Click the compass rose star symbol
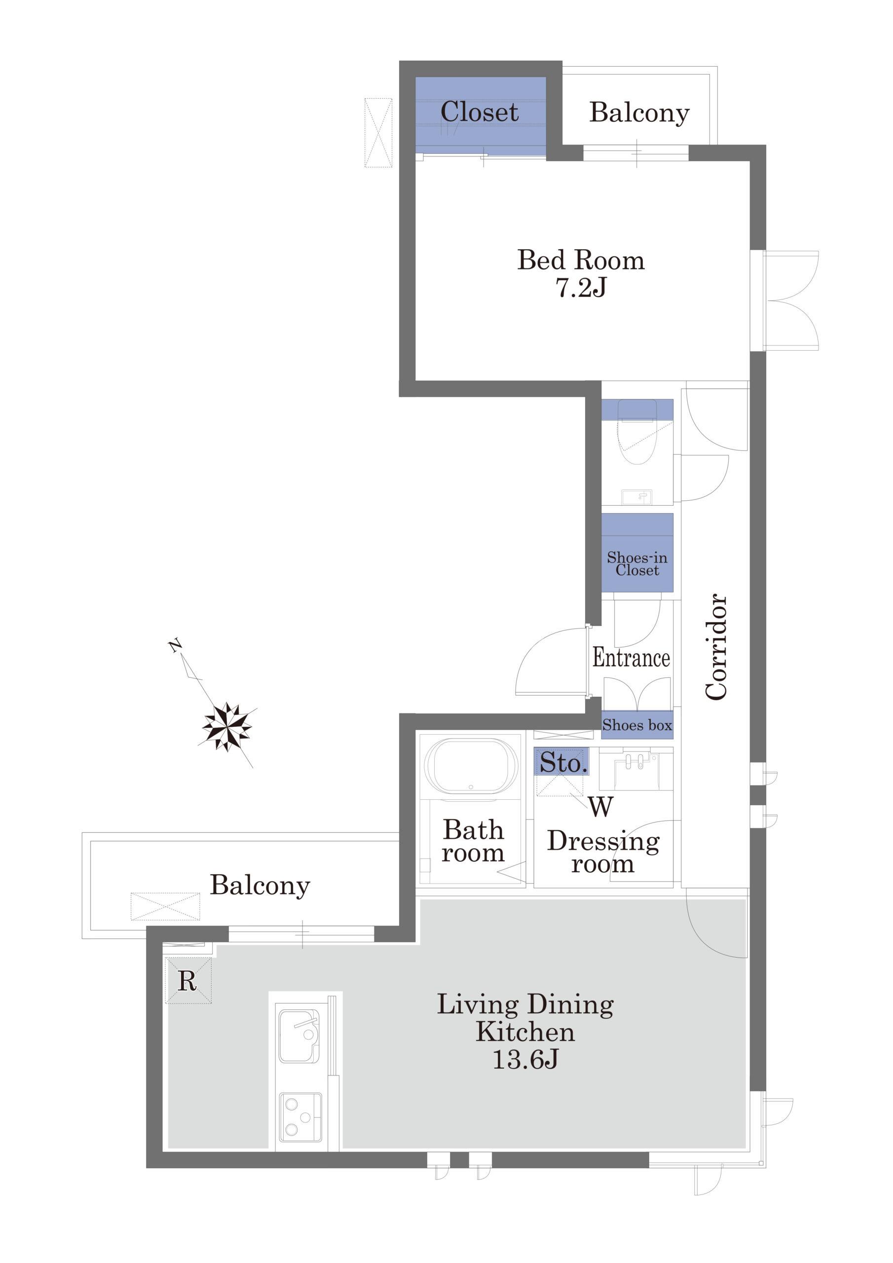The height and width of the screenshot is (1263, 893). (227, 727)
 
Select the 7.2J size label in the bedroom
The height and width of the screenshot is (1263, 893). (581, 288)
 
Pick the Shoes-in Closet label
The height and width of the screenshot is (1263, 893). (637, 563)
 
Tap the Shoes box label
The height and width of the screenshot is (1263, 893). (637, 725)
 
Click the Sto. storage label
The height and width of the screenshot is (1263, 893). (562, 762)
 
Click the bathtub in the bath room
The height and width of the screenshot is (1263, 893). (472, 766)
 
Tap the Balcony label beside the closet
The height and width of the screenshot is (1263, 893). (639, 113)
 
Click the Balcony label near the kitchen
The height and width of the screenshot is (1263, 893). (260, 886)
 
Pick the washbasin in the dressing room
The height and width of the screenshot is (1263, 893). (635, 769)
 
